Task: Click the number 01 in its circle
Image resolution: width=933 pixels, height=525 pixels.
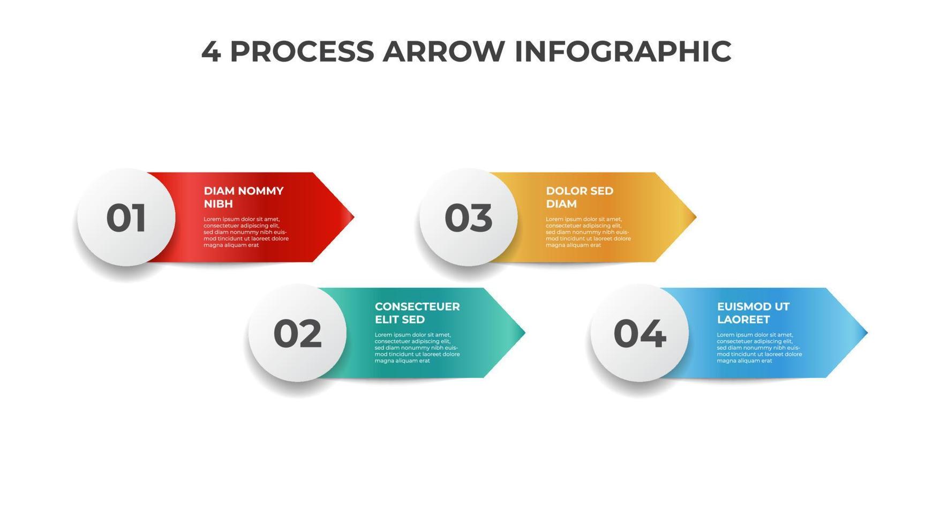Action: click(x=126, y=218)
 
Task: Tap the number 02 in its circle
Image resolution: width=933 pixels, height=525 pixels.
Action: click(x=297, y=334)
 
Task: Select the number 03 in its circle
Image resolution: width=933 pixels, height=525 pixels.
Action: click(x=468, y=218)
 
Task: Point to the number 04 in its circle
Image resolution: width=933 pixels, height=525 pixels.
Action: click(x=639, y=334)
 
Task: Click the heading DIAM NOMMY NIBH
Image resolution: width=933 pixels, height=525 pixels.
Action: click(x=244, y=197)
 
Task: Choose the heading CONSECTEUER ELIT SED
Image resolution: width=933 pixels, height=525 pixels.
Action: click(x=417, y=313)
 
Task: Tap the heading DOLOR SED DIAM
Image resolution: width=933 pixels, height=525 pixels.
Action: click(x=579, y=197)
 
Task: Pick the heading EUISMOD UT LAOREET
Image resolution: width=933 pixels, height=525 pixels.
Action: click(x=753, y=313)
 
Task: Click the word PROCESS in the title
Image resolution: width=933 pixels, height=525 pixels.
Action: click(x=302, y=51)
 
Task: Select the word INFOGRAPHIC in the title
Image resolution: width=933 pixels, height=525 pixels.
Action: click(x=622, y=51)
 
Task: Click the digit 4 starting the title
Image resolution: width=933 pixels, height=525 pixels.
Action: click(x=210, y=51)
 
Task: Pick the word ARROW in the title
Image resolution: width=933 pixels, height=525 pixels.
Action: click(x=443, y=51)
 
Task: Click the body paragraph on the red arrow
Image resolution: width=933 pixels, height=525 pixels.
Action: click(x=246, y=232)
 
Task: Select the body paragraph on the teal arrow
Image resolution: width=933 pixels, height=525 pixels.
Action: click(x=417, y=348)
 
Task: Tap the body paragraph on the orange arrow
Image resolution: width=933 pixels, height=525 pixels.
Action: click(x=588, y=232)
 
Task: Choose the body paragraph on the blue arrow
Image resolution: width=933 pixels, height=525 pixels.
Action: click(x=759, y=348)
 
